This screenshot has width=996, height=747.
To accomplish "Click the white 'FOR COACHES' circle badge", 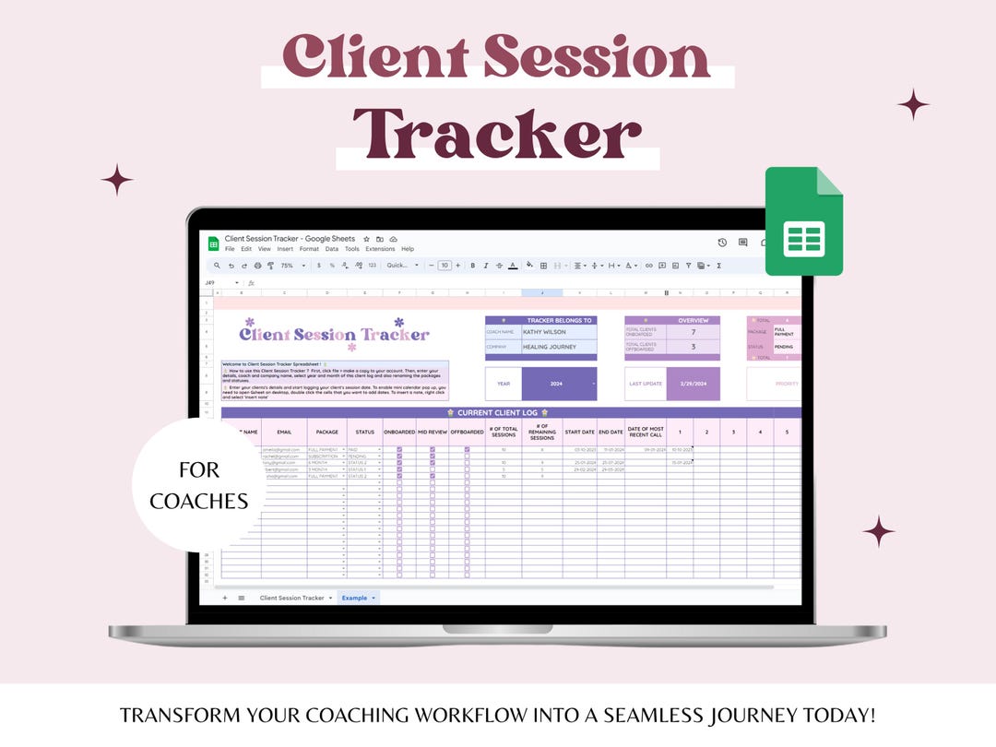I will (x=199, y=486).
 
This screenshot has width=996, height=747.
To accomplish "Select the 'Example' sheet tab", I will (x=357, y=598).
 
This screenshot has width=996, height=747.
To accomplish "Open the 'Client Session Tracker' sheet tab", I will (x=292, y=598).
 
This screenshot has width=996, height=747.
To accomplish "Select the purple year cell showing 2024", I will (x=559, y=384).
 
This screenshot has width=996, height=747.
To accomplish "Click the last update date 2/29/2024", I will (x=693, y=384).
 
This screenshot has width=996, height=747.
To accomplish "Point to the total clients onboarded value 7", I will (x=693, y=331).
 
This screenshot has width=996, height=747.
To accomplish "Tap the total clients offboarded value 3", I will (x=693, y=347).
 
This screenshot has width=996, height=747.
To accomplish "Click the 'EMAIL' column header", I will (x=284, y=432).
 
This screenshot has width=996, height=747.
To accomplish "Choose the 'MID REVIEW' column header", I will (x=433, y=432).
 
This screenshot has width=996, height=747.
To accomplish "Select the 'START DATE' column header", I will (x=580, y=432).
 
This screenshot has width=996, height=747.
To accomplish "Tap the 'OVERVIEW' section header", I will (x=693, y=320).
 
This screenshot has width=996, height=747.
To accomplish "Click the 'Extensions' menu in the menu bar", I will (x=380, y=249).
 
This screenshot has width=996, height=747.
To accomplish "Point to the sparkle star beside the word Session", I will (x=913, y=104).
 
